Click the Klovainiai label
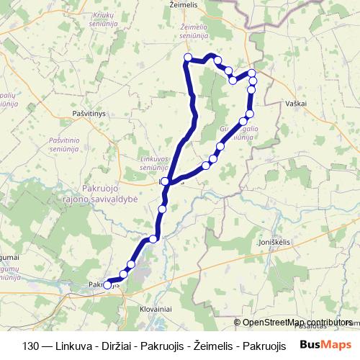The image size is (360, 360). click(x=150, y=308)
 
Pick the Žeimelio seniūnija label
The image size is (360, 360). click(x=194, y=30)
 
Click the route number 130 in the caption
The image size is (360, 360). click(x=41, y=345)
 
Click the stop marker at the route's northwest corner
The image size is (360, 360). click(x=188, y=58)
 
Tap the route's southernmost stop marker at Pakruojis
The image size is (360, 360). click(x=107, y=285)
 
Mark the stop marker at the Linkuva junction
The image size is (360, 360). click(x=166, y=181)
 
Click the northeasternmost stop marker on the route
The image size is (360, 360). click(x=252, y=73)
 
